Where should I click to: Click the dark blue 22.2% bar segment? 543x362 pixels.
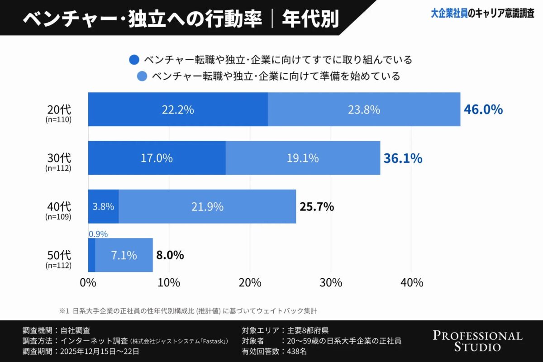pyautogui.click(x=177, y=110)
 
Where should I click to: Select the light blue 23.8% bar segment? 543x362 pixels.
pyautogui.click(x=364, y=110)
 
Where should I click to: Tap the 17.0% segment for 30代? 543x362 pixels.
pyautogui.click(x=157, y=158)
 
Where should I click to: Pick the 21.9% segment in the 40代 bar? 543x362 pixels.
pyautogui.click(x=207, y=207)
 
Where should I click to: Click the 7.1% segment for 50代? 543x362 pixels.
pyautogui.click(x=124, y=255)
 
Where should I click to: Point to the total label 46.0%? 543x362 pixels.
pyautogui.click(x=483, y=110)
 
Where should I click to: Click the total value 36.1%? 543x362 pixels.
pyautogui.click(x=403, y=158)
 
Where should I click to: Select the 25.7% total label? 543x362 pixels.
pyautogui.click(x=317, y=207)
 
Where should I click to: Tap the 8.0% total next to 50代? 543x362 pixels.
pyautogui.click(x=170, y=255)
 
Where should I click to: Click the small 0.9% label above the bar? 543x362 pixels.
pyautogui.click(x=98, y=234)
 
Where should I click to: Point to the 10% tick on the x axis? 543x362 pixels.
pyautogui.click(x=169, y=283)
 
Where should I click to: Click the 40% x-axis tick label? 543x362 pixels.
pyautogui.click(x=411, y=283)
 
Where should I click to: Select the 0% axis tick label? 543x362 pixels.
pyautogui.click(x=88, y=283)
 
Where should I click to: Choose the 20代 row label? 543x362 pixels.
pyautogui.click(x=59, y=110)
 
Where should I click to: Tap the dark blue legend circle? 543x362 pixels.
pyautogui.click(x=134, y=60)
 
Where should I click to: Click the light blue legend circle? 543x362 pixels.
pyautogui.click(x=142, y=76)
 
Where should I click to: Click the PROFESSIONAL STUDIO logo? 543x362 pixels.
pyautogui.click(x=477, y=341)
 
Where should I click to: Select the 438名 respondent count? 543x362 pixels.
pyautogui.click(x=297, y=351)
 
